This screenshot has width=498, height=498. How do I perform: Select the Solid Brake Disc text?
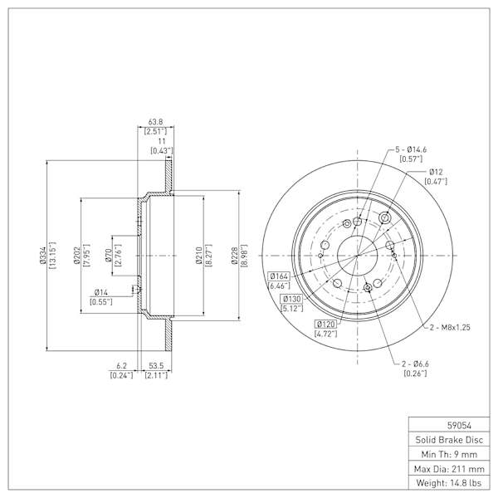(449, 440)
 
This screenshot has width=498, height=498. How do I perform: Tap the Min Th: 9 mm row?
(449, 455)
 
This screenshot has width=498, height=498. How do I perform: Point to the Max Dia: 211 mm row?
(449, 469)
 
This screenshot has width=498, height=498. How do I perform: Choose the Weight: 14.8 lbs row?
(449, 483)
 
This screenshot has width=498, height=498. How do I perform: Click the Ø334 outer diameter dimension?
(42, 256)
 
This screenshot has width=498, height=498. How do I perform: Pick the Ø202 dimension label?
(76, 256)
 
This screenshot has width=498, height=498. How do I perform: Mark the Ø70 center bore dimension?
(108, 256)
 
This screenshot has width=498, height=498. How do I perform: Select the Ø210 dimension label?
(199, 256)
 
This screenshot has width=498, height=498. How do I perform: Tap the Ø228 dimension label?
(235, 256)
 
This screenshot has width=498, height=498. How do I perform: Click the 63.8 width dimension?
(156, 122)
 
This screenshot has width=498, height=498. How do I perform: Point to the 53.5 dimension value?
(156, 366)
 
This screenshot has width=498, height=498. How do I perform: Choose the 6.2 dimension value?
(122, 366)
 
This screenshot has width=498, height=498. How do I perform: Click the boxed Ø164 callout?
(279, 276)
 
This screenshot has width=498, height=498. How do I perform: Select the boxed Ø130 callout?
(291, 299)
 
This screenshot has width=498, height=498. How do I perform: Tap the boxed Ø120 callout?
(326, 324)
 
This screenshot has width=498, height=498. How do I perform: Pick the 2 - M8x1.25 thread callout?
(450, 328)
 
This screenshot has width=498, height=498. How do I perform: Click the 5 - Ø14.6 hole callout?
(411, 149)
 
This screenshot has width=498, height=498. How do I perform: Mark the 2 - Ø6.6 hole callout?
(415, 364)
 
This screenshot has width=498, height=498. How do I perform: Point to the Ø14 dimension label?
(101, 292)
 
